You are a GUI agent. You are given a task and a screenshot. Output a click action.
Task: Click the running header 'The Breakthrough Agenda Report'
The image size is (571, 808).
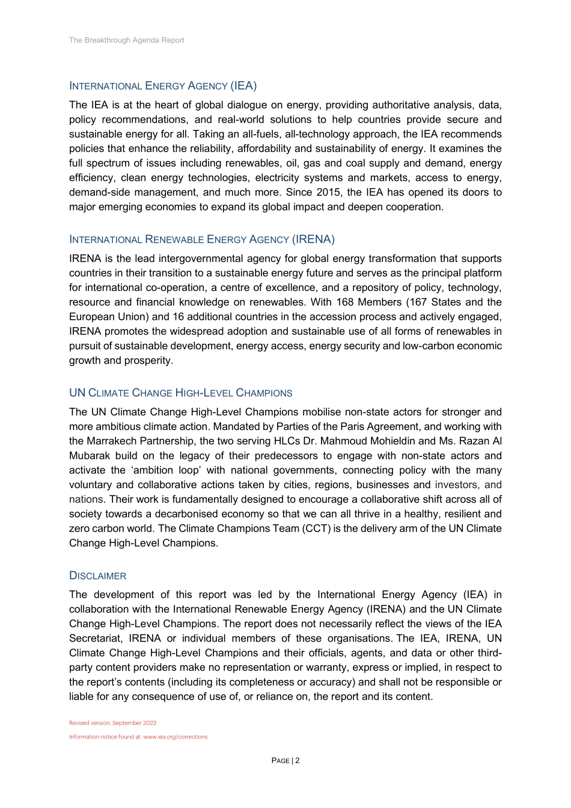126,40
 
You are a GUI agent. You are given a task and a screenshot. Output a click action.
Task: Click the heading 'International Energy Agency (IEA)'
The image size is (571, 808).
163,85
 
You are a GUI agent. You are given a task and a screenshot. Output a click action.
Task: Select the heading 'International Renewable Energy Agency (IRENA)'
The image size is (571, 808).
202,239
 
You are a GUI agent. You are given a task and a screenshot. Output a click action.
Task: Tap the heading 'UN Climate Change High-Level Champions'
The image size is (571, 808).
180,393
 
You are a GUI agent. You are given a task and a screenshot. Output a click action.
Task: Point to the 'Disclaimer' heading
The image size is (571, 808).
97,576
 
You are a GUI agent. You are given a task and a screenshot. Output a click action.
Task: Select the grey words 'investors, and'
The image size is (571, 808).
468,485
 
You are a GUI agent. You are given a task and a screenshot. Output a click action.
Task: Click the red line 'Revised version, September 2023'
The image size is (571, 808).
112,723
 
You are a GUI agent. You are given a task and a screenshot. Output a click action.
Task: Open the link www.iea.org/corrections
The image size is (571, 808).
176,737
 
